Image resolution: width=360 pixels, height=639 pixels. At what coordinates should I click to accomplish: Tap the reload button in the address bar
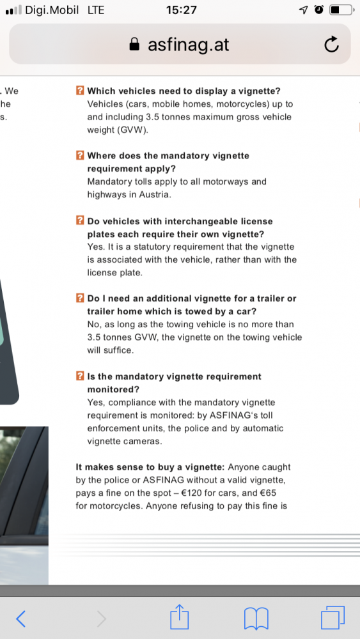point(331,45)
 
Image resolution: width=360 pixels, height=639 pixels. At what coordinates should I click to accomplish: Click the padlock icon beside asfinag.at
point(134,44)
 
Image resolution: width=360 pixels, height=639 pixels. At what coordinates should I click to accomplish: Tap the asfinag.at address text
point(189,45)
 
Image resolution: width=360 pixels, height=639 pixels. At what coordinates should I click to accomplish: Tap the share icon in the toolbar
point(180,617)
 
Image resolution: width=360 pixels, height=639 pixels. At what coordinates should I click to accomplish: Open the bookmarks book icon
point(256,619)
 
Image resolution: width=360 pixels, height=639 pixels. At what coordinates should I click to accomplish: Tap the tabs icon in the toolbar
point(333,617)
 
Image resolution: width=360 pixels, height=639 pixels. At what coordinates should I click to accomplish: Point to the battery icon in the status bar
point(341,10)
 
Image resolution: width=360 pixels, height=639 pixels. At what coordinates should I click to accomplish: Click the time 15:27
point(181,10)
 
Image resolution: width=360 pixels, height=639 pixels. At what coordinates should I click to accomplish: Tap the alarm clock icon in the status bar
point(319,10)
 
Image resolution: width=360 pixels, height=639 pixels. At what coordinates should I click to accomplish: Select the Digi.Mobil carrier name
point(52,10)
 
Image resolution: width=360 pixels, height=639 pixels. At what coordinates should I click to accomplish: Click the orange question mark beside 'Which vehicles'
point(81,91)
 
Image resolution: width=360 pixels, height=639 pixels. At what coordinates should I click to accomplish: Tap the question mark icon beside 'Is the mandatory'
point(81,376)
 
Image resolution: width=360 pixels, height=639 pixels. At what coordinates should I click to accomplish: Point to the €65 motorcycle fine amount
point(269,493)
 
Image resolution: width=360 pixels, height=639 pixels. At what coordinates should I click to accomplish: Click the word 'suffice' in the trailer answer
point(118,350)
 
